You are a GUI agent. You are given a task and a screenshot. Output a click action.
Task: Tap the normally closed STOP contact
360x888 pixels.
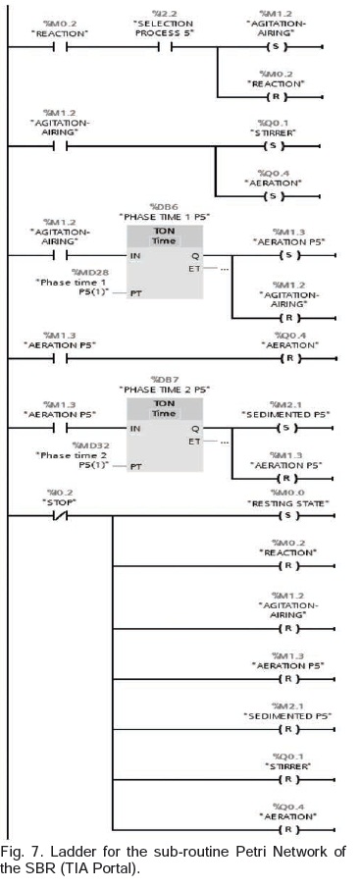click(60, 515)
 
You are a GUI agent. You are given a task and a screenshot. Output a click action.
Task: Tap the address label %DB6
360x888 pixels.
click(163, 206)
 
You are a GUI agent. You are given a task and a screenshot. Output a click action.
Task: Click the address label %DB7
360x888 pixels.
click(163, 379)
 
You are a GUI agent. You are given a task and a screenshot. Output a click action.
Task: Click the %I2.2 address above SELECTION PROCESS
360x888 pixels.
click(164, 13)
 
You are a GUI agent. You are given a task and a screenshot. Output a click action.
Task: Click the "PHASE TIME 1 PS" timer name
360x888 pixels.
click(164, 217)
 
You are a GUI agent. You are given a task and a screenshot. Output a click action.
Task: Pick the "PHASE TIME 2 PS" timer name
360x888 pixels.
click(164, 390)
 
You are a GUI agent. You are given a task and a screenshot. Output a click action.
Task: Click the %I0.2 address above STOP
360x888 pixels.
click(60, 493)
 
